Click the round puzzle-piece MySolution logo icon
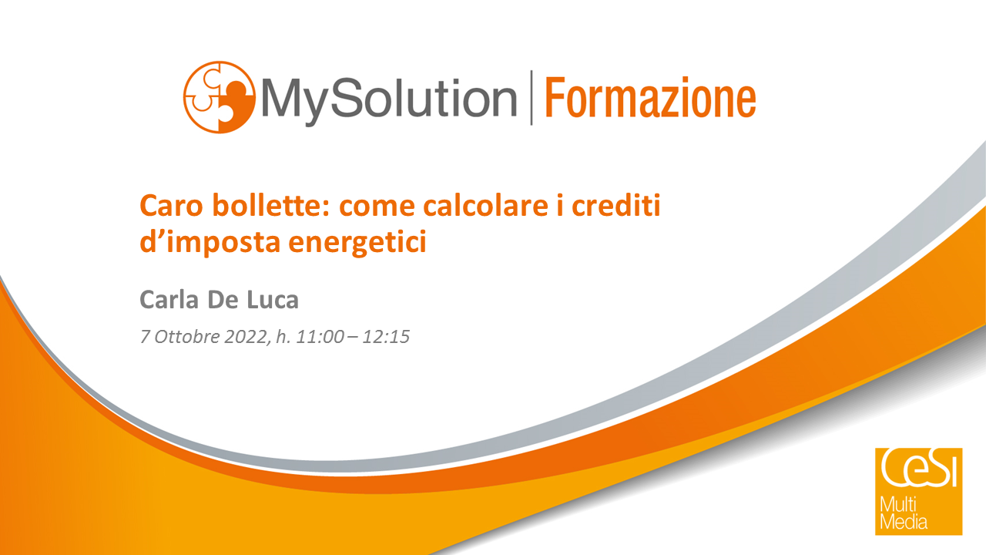(x=220, y=97)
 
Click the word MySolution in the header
(x=389, y=100)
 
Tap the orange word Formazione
(x=651, y=97)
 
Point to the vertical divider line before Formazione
(x=532, y=97)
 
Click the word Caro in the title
(x=171, y=206)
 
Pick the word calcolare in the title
(x=486, y=205)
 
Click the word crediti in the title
(x=616, y=205)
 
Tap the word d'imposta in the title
(x=210, y=242)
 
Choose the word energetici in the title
(x=358, y=242)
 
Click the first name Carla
(x=169, y=300)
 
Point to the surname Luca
(x=273, y=300)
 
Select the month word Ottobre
(x=187, y=337)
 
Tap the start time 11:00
(x=320, y=337)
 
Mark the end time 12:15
(x=386, y=337)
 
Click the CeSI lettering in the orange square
(x=919, y=468)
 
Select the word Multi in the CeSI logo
(x=898, y=505)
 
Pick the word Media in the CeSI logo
(x=904, y=522)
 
